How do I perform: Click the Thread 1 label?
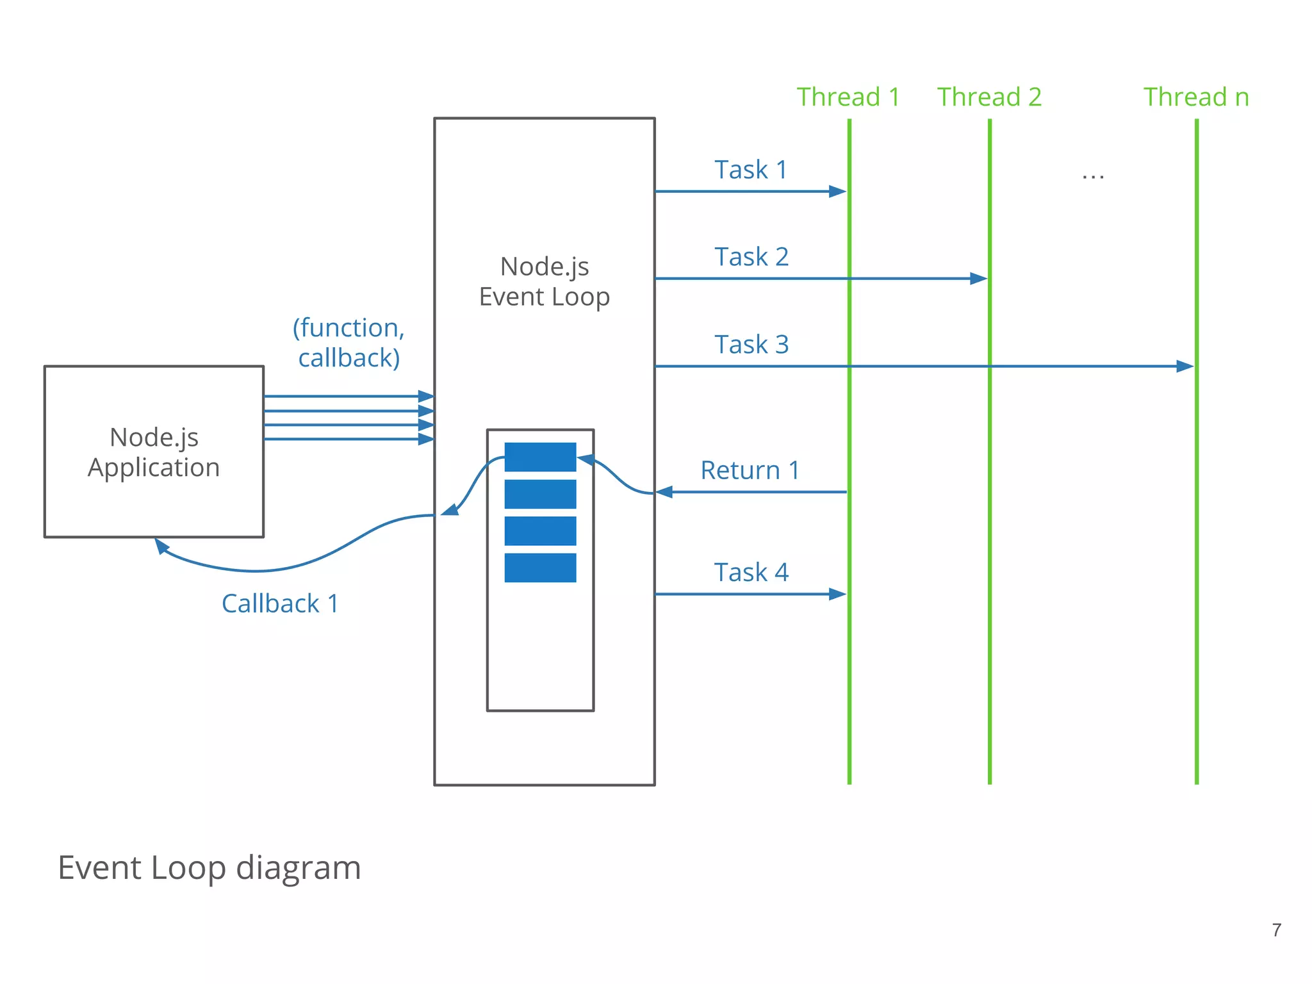[848, 97]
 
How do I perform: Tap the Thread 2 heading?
[989, 97]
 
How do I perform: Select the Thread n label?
[1196, 97]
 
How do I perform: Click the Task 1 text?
[750, 170]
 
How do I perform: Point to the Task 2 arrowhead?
[979, 279]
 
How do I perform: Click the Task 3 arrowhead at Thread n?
[1185, 366]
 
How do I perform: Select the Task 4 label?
[751, 572]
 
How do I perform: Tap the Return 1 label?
[750, 470]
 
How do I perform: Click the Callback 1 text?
[280, 603]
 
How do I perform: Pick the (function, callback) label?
[348, 343]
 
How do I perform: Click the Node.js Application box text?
[154, 452]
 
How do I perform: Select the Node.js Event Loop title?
[544, 282]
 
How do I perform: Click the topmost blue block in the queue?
[540, 457]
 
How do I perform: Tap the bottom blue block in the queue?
[540, 568]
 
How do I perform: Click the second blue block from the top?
[540, 494]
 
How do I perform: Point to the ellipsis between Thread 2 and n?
[1093, 176]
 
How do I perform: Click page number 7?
[1276, 930]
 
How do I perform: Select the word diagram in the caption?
[298, 868]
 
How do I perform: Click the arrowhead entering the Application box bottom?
[161, 546]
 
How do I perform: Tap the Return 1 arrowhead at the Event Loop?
[664, 492]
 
